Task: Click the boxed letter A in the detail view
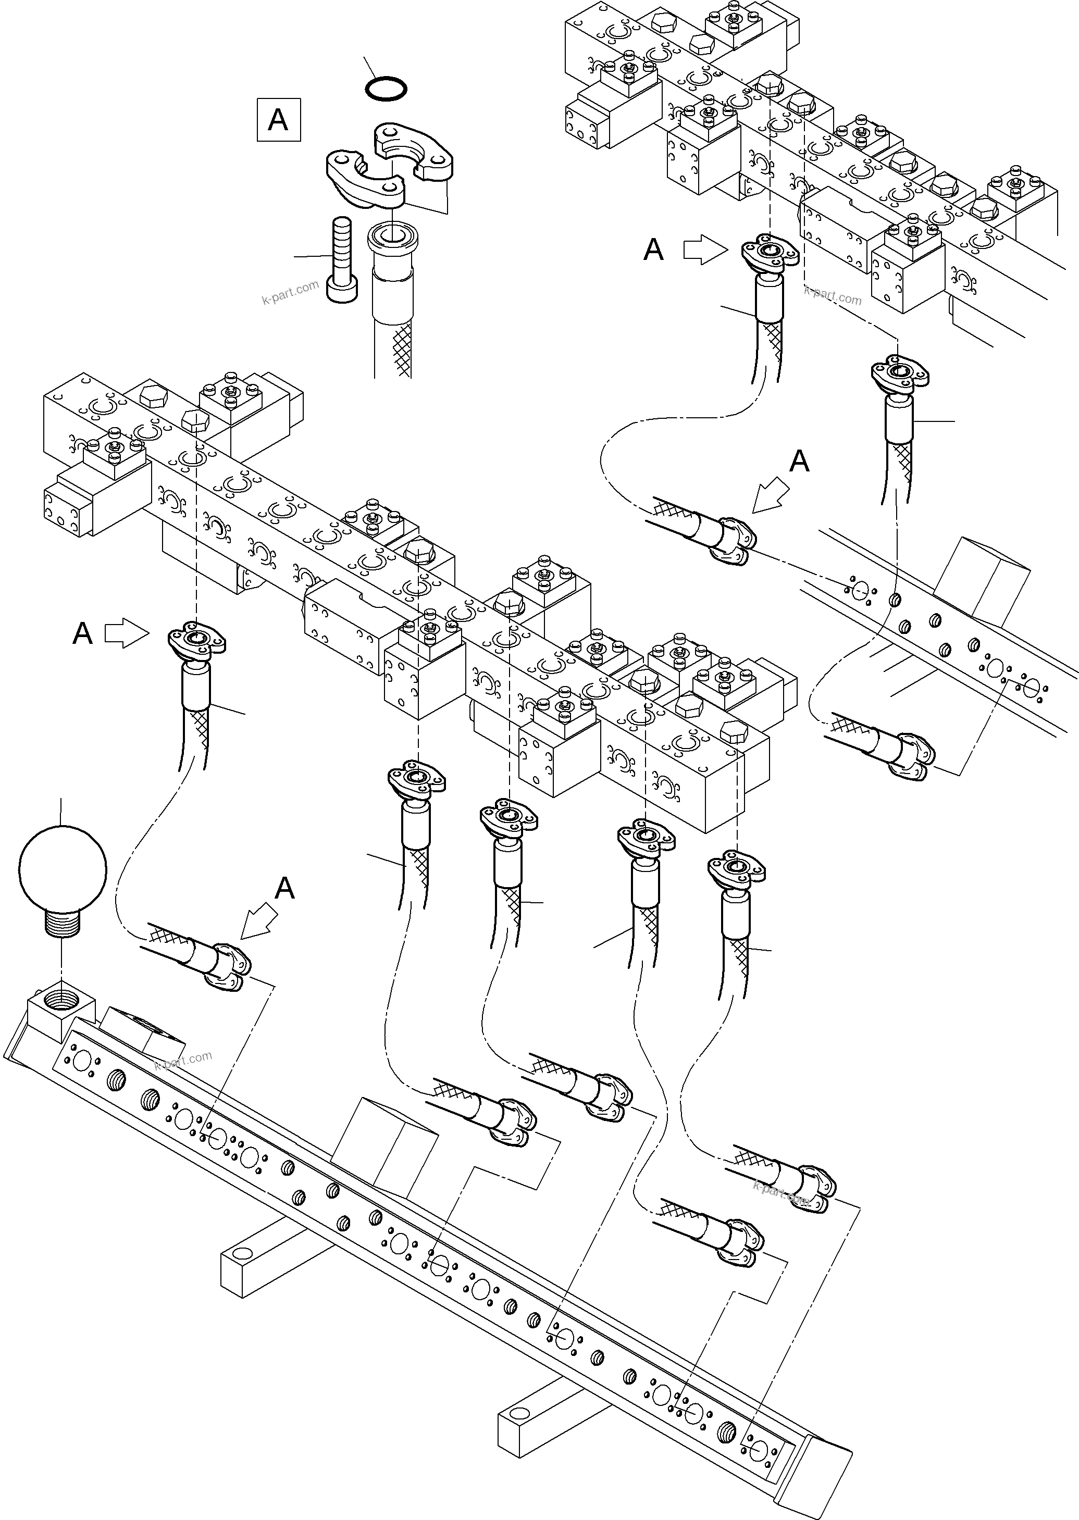278,120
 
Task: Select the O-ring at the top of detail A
387,89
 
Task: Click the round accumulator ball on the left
63,868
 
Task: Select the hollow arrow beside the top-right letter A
705,250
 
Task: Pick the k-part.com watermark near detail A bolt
290,292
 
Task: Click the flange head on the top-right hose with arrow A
770,253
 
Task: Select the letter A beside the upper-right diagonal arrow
799,461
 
